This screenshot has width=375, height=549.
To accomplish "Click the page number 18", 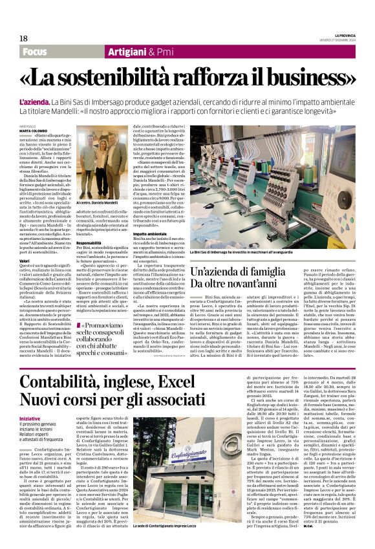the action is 24,38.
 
